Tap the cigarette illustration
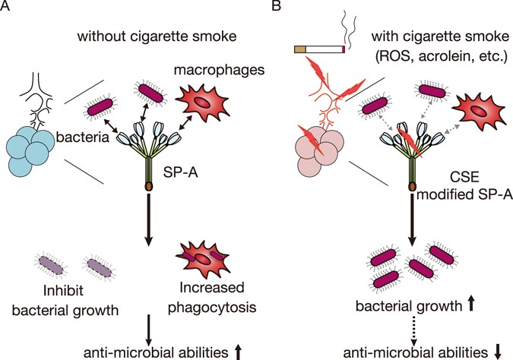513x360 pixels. (x=319, y=50)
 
